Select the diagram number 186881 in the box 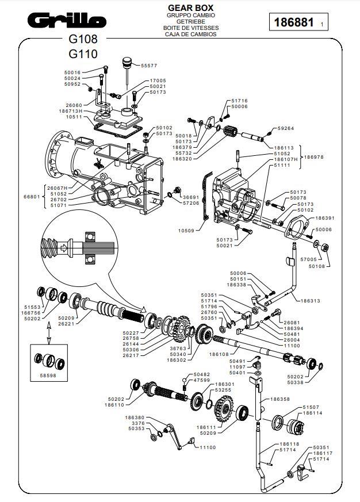pos(294,23)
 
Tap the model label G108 pos(83,40)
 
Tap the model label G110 pos(83,54)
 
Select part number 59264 pos(285,128)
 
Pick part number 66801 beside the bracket pos(31,196)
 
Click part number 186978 pos(314,156)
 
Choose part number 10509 pos(187,231)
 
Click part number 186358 pos(280,398)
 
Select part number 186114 pos(312,413)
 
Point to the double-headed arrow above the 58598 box pos(49,332)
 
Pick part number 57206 pos(190,203)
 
